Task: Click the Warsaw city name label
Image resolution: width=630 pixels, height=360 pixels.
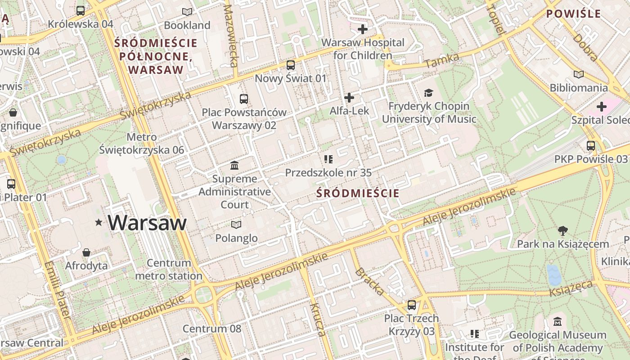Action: tap(147, 223)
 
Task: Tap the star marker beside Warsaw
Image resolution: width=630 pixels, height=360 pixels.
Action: tap(99, 222)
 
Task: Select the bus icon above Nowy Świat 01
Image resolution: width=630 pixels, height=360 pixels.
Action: tap(291, 65)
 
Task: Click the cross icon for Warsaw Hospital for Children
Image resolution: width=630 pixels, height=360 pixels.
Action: tap(362, 30)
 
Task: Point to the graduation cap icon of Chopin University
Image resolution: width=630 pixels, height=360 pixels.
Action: tap(428, 93)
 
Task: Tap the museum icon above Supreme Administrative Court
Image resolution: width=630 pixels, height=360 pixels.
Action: tap(234, 166)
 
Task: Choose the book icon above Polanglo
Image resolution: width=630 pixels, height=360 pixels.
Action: tap(236, 225)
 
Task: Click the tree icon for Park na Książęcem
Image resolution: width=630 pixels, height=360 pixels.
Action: tap(562, 231)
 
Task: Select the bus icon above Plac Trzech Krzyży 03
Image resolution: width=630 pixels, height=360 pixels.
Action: tap(411, 305)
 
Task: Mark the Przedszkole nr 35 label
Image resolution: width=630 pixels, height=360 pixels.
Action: tap(328, 172)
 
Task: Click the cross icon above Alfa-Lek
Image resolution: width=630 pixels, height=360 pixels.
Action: tap(349, 98)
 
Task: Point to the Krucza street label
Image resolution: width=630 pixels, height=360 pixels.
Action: tap(317, 319)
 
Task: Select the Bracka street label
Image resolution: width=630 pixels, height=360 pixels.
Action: tap(369, 282)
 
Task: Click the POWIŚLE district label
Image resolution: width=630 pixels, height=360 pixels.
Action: tap(573, 13)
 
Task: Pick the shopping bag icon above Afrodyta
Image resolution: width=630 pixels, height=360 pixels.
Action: tap(86, 252)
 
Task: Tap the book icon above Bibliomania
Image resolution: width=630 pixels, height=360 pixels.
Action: tap(579, 74)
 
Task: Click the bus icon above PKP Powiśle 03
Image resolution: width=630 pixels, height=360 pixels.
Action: tap(590, 146)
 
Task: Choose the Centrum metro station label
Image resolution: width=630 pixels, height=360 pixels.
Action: tap(169, 269)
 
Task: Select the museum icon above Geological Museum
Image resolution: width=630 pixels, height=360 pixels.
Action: tap(558, 322)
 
